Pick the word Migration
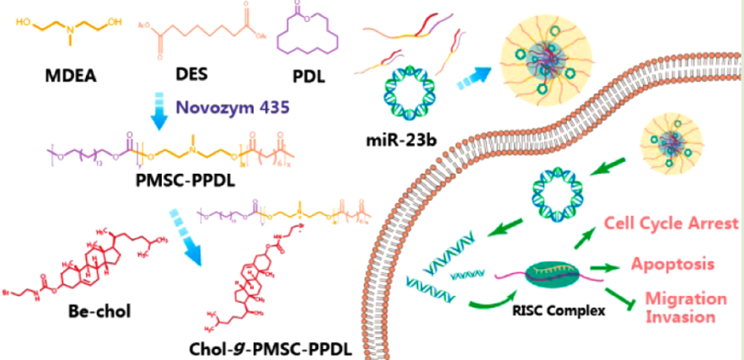(686, 299)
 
